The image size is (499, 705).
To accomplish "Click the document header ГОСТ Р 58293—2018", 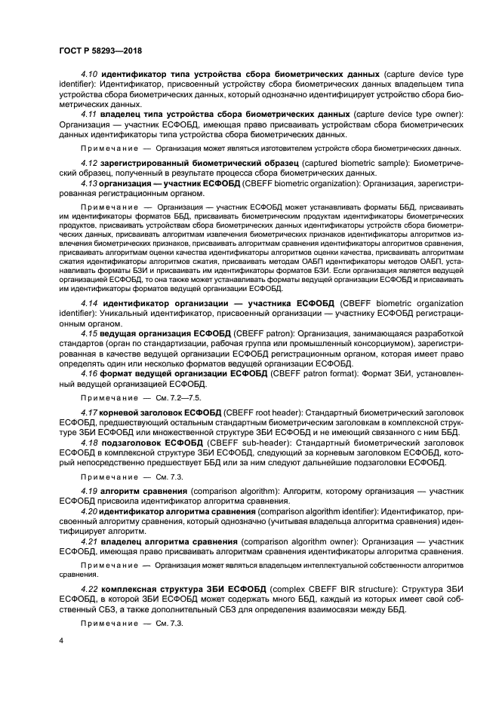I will coord(100,51).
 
